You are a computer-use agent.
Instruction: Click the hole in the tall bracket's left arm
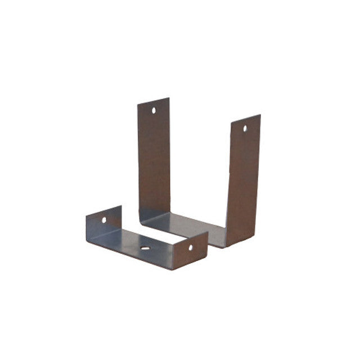[x=154, y=111]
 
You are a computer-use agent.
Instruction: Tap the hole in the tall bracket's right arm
[x=245, y=128]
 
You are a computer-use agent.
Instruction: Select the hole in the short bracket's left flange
[x=104, y=220]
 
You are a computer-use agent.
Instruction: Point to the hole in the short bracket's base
[x=145, y=247]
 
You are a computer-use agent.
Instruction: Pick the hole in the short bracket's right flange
[x=190, y=247]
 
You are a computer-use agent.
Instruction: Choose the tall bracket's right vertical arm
[x=243, y=180]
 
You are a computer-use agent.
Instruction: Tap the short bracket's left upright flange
[x=104, y=223]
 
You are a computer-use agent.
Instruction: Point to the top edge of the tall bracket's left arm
[x=153, y=101]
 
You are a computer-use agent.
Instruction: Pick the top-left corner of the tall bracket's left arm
[x=138, y=105]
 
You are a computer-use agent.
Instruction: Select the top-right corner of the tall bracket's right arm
[x=260, y=115]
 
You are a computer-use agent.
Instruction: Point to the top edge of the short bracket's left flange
[x=103, y=210]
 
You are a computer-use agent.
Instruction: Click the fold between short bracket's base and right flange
[x=172, y=262]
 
